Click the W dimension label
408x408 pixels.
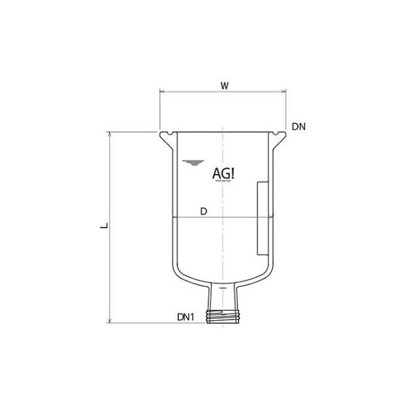224,86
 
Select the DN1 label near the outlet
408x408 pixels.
187,317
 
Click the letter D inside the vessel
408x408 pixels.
203,212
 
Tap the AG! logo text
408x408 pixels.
224,173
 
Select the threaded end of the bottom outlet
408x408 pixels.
224,315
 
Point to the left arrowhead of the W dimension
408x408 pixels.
162,92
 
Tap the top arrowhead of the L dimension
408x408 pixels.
109,134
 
